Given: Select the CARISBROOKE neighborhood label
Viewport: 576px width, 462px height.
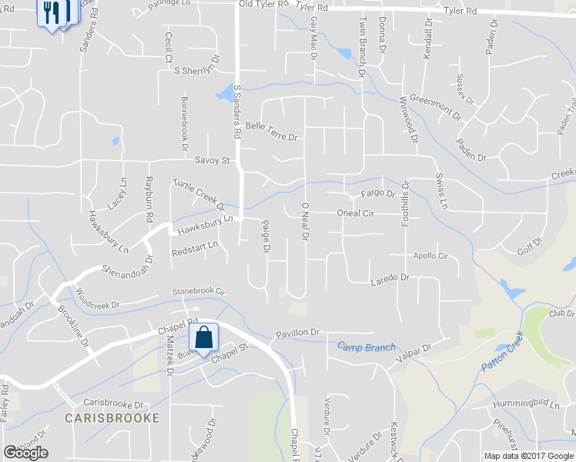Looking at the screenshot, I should click(x=112, y=418).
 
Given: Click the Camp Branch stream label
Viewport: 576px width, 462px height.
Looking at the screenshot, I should click(x=366, y=348).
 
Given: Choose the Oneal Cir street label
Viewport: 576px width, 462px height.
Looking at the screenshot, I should click(x=355, y=213).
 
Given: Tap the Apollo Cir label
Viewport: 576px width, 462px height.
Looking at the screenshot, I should click(x=430, y=256).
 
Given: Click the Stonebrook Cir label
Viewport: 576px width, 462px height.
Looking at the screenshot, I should click(x=198, y=292).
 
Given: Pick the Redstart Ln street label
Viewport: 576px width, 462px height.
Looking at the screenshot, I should click(x=195, y=250).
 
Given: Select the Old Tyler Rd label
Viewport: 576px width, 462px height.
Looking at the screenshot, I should click(x=262, y=5).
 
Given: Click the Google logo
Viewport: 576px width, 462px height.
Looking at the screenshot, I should click(x=25, y=453).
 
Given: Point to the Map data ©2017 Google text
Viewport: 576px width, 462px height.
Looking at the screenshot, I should click(x=528, y=456).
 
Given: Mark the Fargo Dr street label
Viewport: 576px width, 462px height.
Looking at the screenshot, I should click(x=377, y=193).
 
